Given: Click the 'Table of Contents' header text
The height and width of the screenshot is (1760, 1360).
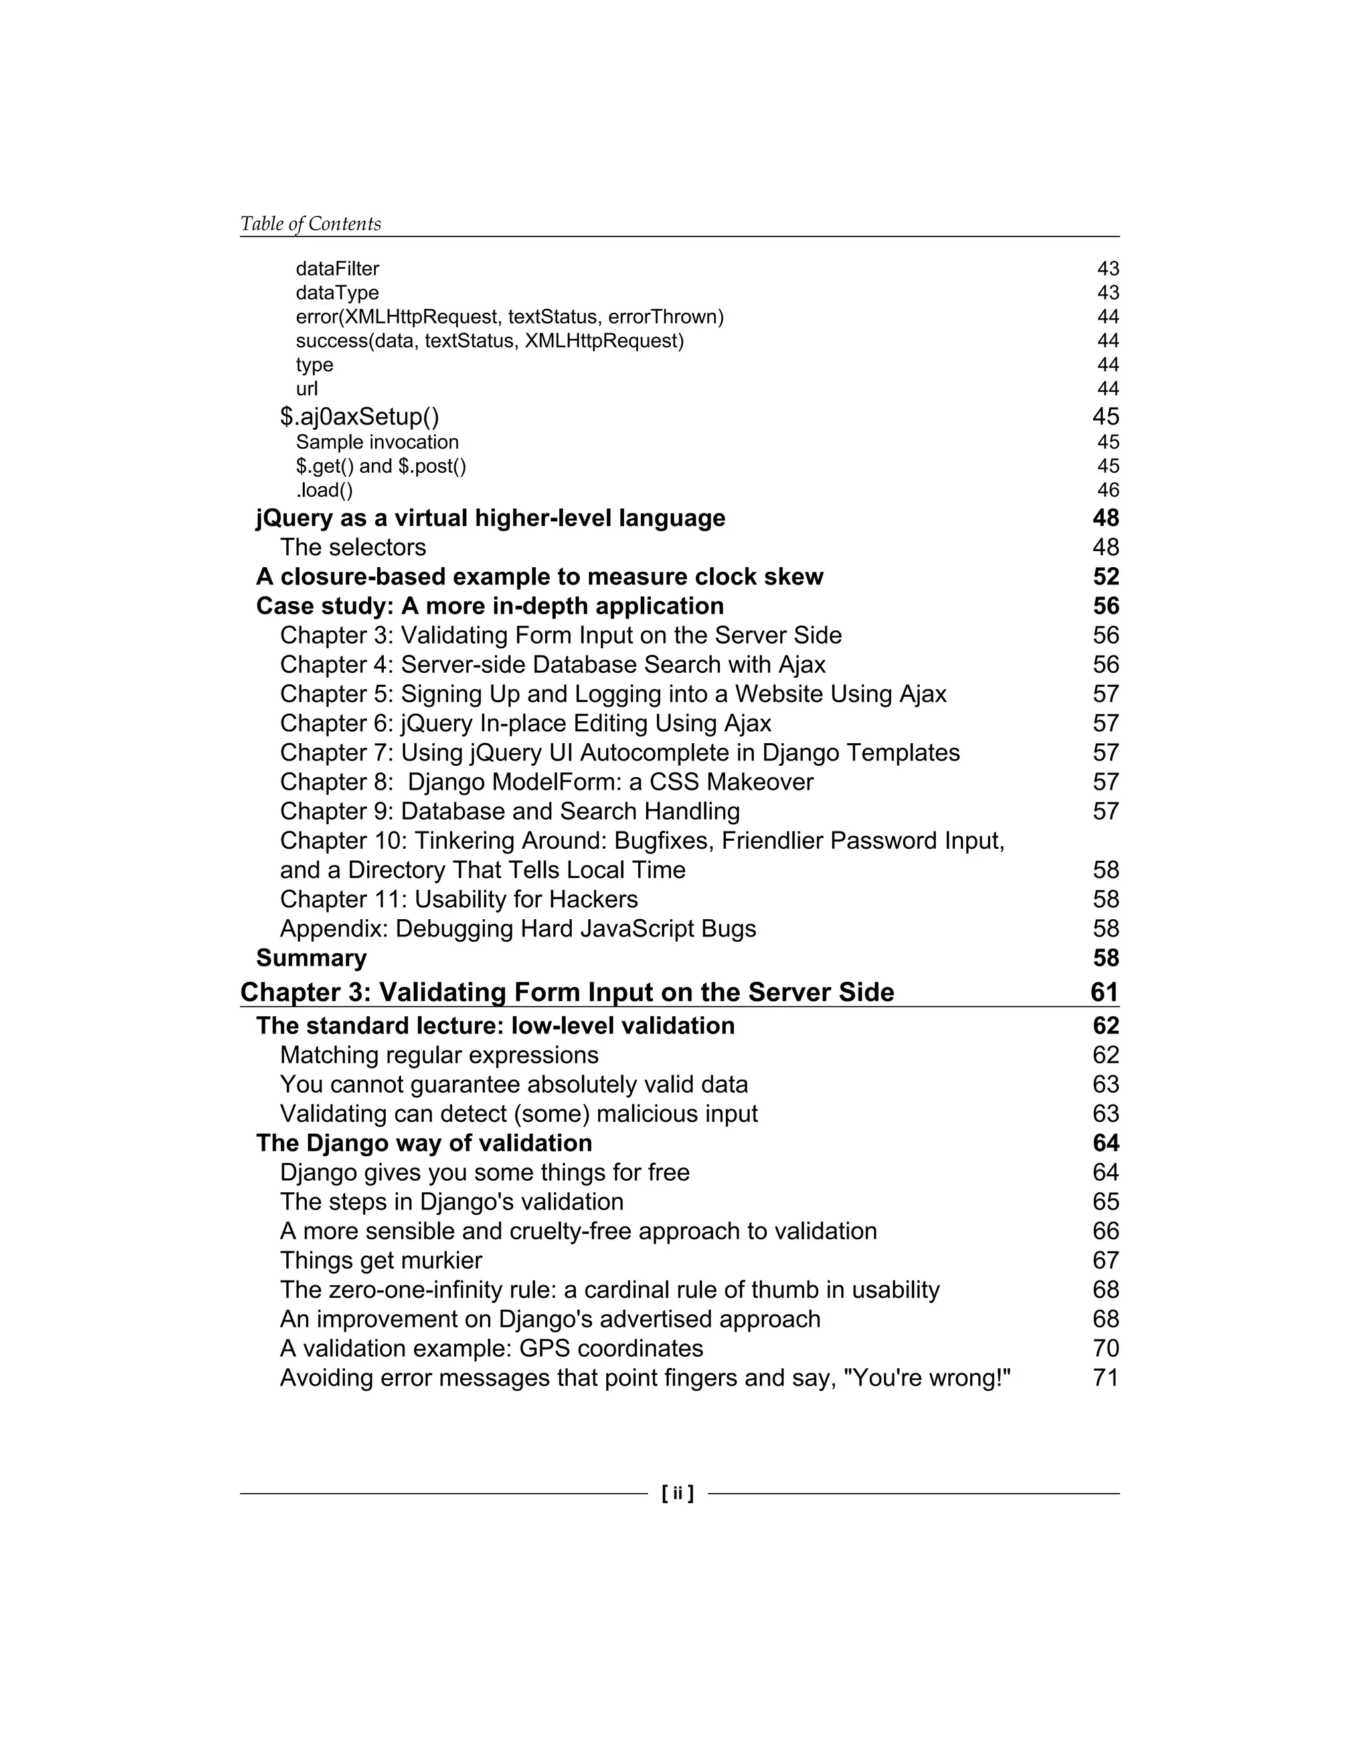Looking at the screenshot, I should click(x=310, y=224).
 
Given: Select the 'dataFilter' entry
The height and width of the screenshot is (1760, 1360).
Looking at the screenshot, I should click(x=337, y=268).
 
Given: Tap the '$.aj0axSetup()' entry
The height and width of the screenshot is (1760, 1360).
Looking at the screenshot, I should click(x=359, y=416).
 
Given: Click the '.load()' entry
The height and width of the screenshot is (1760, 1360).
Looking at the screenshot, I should click(x=324, y=490).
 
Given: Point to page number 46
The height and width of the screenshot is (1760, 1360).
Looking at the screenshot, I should click(x=1108, y=490).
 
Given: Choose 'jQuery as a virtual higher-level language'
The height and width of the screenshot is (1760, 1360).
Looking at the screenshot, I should click(x=491, y=518).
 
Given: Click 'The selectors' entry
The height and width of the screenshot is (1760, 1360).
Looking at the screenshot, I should click(x=353, y=547).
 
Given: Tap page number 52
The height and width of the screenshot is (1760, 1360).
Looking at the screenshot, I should click(x=1106, y=577).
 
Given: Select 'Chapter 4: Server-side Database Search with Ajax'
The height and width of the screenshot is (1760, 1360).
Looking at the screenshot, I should click(x=552, y=665).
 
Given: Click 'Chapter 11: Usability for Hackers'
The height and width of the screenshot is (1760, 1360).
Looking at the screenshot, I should click(x=458, y=899).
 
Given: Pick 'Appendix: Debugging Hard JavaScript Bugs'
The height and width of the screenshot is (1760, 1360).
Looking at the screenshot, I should click(x=518, y=929).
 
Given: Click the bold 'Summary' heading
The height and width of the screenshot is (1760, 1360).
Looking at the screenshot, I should click(x=311, y=958).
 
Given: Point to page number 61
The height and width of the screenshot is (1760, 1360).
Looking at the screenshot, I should click(x=1104, y=992).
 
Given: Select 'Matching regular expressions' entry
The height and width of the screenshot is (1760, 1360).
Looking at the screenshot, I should click(x=439, y=1056).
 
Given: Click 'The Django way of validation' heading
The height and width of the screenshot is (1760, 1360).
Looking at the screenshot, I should click(x=424, y=1144).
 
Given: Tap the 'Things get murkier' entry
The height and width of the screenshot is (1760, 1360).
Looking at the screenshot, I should click(x=381, y=1261).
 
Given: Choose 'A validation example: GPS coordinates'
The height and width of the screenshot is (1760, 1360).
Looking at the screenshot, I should click(x=491, y=1349).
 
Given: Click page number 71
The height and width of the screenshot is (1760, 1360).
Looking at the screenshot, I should click(x=1106, y=1378).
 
